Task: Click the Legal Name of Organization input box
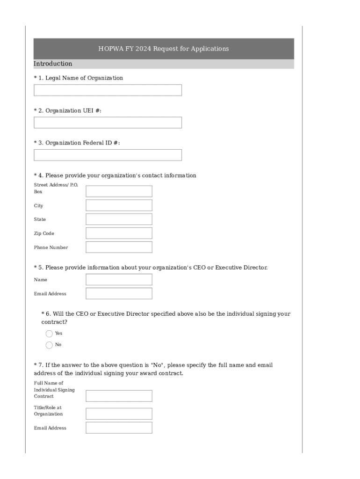(108, 90)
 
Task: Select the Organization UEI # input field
(108, 123)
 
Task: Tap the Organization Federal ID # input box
(108, 155)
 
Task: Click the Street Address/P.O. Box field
(119, 191)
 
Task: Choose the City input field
(119, 205)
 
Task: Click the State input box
(119, 219)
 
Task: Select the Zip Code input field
(119, 233)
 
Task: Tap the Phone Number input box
(119, 247)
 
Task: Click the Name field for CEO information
(119, 280)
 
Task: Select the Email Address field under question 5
(119, 294)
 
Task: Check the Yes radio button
(49, 334)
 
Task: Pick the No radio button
(49, 345)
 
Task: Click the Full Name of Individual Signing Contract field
(119, 396)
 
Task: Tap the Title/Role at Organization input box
(119, 414)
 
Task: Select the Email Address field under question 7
(119, 428)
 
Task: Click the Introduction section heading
(53, 64)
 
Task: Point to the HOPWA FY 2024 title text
(163, 49)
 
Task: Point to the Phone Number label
(50, 247)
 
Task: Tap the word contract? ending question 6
(54, 322)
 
